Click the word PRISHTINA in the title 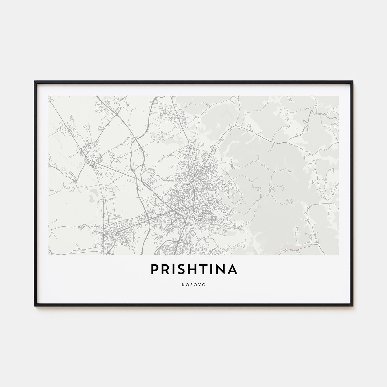tap(193, 270)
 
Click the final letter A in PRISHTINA tap(232, 270)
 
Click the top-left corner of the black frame tap(35, 81)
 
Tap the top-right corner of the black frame tap(353, 81)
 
